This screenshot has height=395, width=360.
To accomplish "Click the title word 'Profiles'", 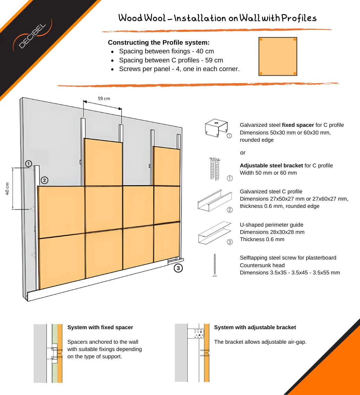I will coord(299,18).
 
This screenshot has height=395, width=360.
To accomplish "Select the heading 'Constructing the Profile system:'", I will coord(158,43).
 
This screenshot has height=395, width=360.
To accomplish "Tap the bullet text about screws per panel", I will coord(179,69).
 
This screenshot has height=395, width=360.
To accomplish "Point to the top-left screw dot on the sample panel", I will coord(261,40).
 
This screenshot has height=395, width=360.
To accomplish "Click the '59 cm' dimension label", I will coord(104,98).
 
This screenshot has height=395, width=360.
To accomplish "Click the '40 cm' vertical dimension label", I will coord(7,188).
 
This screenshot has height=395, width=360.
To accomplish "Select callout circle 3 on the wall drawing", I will coord(178,268).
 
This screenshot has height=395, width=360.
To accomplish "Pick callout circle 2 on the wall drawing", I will coord(44,180).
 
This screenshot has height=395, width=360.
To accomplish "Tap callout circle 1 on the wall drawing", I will coord(28,164).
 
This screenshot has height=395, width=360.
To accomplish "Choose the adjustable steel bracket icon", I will coord(215,169).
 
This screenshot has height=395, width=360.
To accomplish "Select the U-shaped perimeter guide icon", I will coord(214,233).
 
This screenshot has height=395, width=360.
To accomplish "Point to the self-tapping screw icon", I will coord(215,265).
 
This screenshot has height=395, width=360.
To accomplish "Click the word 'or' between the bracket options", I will coord(242,153).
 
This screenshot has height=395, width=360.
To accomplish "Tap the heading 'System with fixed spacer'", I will coord(100,327).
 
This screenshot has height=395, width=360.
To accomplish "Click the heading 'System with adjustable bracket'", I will coord(255,327).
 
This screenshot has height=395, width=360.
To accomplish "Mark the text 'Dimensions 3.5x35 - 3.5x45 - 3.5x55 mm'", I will coord(290,273).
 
